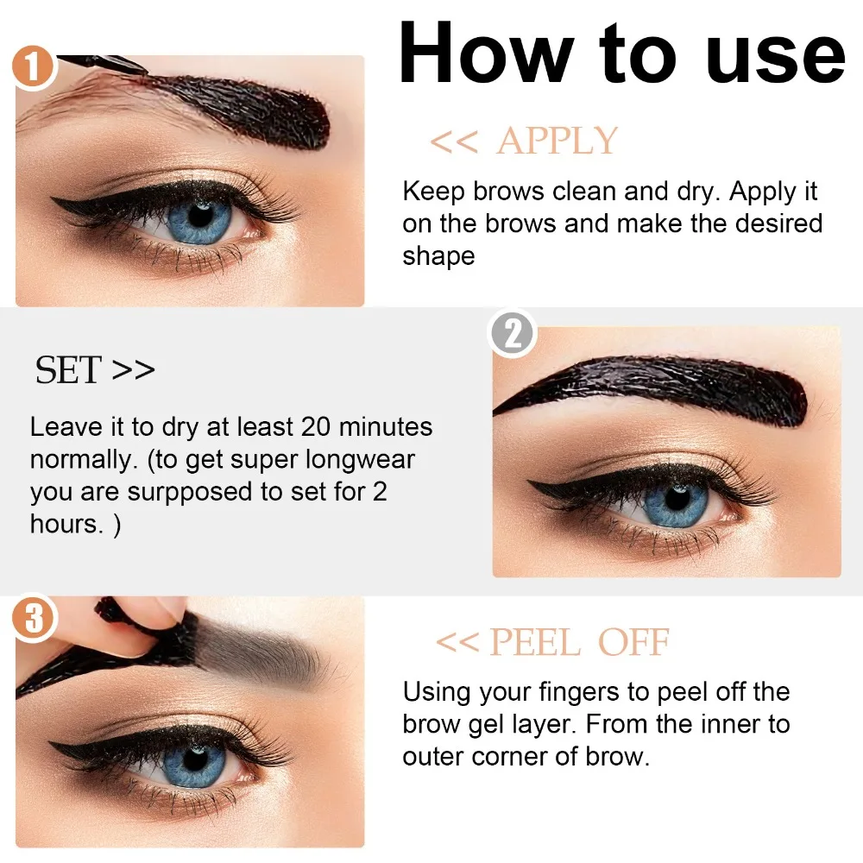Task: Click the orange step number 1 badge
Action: (33, 67)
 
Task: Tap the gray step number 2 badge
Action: (513, 334)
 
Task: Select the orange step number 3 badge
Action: (34, 620)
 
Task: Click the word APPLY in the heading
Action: (557, 142)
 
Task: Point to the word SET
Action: (68, 370)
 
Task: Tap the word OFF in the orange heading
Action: (634, 643)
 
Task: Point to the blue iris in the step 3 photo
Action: (192, 762)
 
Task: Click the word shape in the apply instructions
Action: (438, 256)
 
